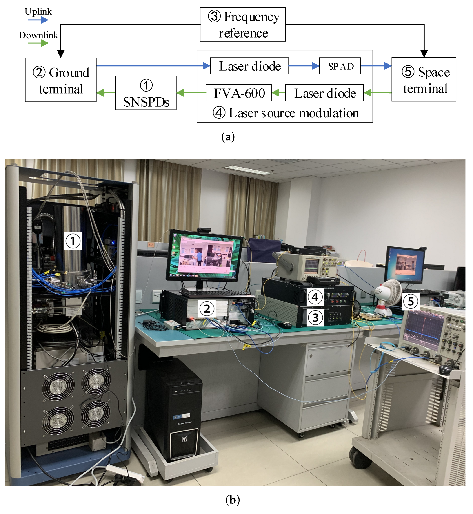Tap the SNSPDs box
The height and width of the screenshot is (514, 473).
pyautogui.click(x=146, y=93)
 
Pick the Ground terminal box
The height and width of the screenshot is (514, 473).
pyautogui.click(x=61, y=80)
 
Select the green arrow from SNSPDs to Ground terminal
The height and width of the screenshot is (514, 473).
pyautogui.click(x=106, y=93)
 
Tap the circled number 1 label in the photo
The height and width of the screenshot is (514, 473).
pyautogui.click(x=73, y=241)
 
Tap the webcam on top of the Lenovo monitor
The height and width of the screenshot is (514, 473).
pyautogui.click(x=204, y=230)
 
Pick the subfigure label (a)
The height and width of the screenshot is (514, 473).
pyautogui.click(x=228, y=137)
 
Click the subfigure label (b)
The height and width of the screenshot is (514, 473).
pyautogui.click(x=232, y=500)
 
